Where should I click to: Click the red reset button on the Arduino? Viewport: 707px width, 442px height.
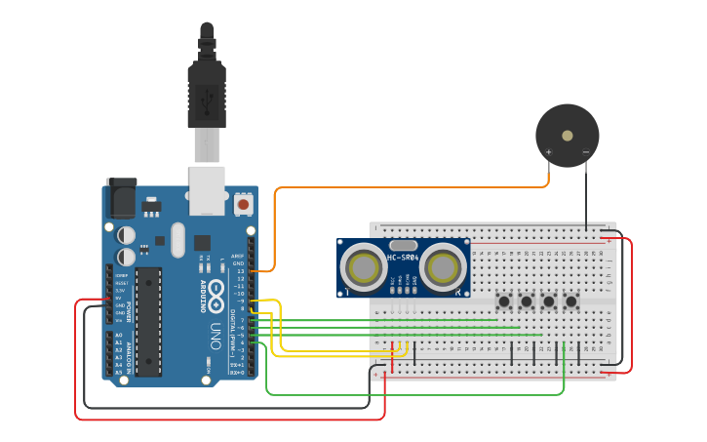coord(243,204)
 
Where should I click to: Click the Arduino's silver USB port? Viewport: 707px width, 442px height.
coord(207,190)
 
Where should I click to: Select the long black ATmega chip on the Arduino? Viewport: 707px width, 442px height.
coord(148,320)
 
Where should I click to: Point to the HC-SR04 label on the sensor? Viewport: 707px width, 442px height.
coord(403,258)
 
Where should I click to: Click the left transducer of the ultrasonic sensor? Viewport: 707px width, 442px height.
coord(364,265)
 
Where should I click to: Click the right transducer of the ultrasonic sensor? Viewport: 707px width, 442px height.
coord(443,265)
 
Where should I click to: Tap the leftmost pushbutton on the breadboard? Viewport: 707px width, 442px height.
coord(504,301)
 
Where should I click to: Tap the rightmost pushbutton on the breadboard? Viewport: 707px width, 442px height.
coord(571,301)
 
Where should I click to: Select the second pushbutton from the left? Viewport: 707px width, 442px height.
coord(527,301)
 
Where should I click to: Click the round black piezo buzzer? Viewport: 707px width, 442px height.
coord(567,136)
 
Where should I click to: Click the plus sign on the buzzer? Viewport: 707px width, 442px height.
coord(549,152)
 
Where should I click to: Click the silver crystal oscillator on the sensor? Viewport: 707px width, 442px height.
coord(403,245)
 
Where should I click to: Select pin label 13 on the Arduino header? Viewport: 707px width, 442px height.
coord(238,270)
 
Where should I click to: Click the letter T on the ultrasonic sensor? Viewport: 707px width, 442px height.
coord(347,291)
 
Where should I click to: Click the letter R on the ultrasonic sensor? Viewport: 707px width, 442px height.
coord(458,291)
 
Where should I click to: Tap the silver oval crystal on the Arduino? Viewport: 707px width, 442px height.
coord(177,240)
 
